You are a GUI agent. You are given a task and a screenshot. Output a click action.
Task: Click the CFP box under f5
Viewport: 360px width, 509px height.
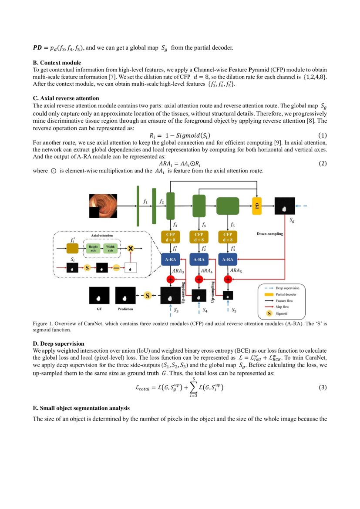point(228,236)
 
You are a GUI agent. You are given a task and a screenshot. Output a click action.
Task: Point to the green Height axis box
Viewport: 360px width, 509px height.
point(93,248)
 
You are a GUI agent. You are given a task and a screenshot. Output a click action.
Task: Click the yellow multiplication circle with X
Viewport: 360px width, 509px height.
point(129,248)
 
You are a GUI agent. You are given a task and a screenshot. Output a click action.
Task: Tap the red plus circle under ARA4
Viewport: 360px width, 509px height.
point(199,279)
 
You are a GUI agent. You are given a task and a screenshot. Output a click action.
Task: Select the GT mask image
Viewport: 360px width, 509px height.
point(99,296)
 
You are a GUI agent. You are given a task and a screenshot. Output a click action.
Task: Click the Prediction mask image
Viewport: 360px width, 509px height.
point(125,296)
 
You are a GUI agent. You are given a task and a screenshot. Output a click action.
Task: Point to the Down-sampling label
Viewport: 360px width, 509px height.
point(270,234)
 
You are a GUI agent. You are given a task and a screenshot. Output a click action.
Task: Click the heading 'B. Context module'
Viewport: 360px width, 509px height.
point(57,63)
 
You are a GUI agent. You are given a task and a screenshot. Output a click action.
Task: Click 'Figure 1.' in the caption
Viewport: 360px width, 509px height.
point(43,323)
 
